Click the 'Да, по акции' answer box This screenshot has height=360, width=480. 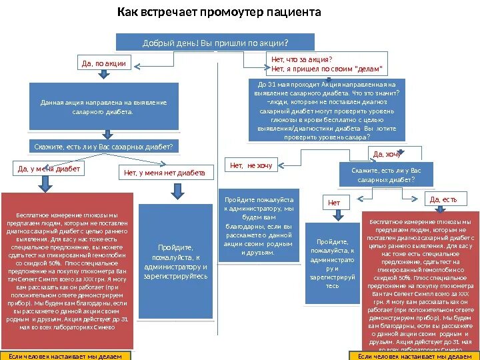pyautogui.click(x=103, y=63)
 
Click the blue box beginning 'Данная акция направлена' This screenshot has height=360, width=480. pyautogui.click(x=103, y=107)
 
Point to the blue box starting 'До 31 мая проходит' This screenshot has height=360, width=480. pyautogui.click(x=326, y=111)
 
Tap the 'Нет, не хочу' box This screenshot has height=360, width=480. pyautogui.click(x=251, y=165)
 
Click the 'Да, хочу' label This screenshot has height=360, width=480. pyautogui.click(x=386, y=155)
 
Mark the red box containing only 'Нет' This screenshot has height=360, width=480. pyautogui.click(x=334, y=202)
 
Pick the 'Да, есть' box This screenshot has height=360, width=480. pyautogui.click(x=443, y=199)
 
